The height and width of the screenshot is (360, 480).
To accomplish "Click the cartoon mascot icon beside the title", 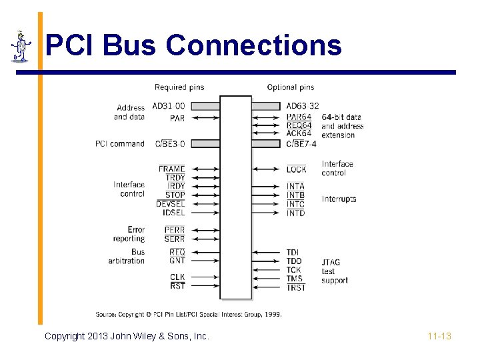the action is (21, 46).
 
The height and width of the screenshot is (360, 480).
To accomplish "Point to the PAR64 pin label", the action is (299, 117).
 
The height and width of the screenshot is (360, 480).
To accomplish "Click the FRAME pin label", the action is (172, 169).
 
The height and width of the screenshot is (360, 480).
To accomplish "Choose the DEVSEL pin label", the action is (171, 204).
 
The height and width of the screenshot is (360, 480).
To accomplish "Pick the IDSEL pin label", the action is (174, 213).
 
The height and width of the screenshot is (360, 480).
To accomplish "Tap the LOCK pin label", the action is (296, 169).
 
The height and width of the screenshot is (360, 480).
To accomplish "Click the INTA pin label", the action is (295, 187).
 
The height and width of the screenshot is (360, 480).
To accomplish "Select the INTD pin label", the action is (295, 213).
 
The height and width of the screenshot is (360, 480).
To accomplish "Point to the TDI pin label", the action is (293, 252).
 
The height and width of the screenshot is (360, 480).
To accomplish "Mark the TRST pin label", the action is (296, 287).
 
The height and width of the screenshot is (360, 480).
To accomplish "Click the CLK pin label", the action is (177, 277).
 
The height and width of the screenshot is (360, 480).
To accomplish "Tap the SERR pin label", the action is (175, 239).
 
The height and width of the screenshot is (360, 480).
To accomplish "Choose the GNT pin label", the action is (177, 261).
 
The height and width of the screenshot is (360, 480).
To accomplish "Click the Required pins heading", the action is (179, 87).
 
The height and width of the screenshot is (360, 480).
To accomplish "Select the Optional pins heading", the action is (290, 87).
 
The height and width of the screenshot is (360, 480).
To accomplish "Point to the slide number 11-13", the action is (439, 336).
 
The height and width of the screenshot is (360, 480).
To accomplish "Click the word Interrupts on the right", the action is (339, 199).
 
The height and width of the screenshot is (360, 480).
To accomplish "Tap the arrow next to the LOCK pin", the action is (269, 169).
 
